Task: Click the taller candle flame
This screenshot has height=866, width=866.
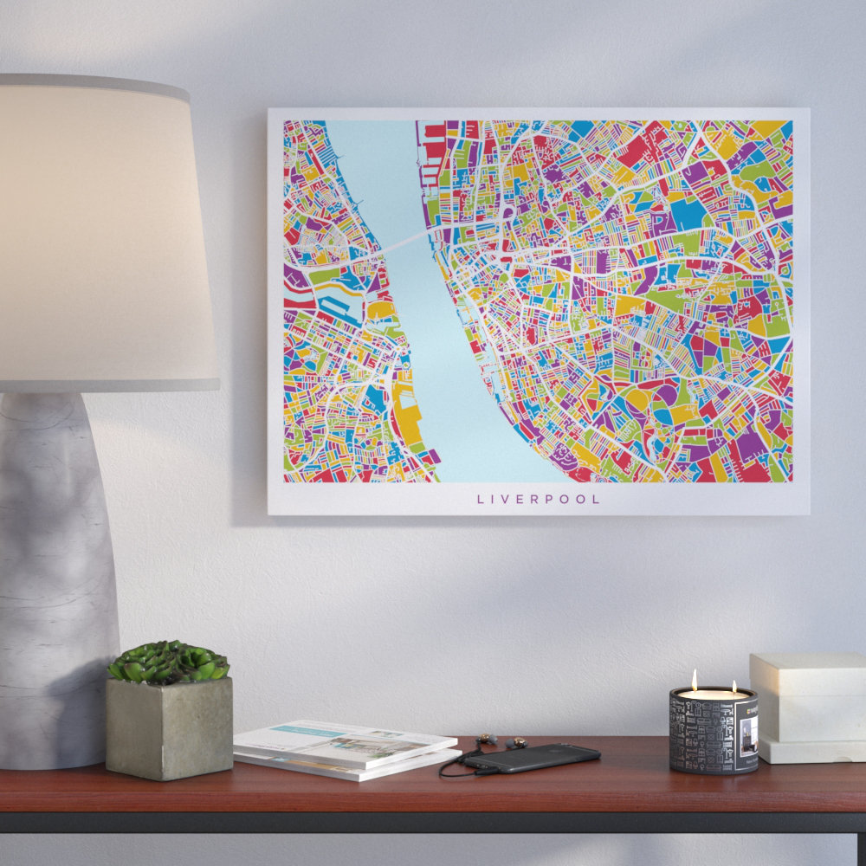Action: coord(694,680)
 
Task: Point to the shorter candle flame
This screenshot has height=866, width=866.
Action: coord(733,686)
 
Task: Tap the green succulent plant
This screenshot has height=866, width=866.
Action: coord(169,662)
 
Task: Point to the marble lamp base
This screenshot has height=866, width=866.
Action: coord(52,563)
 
